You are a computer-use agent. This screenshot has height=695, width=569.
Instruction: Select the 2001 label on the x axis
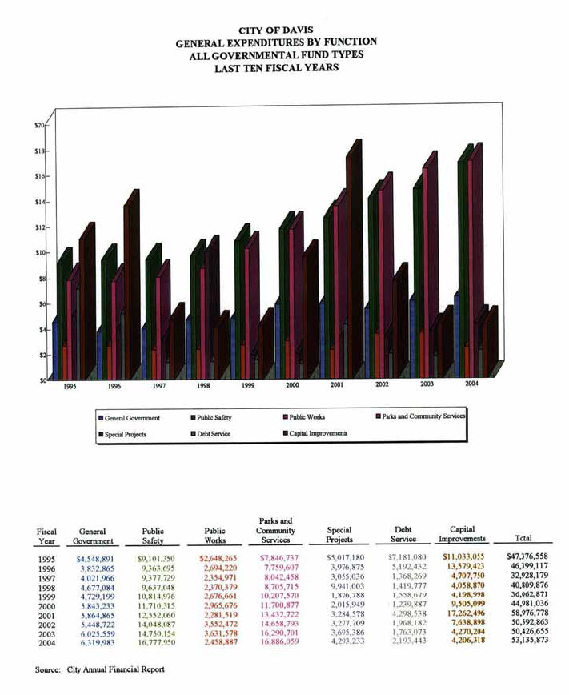coord(337,385)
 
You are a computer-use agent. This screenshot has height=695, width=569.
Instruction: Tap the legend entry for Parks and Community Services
coord(419,416)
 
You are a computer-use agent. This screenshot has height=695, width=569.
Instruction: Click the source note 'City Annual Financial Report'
coord(118,669)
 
